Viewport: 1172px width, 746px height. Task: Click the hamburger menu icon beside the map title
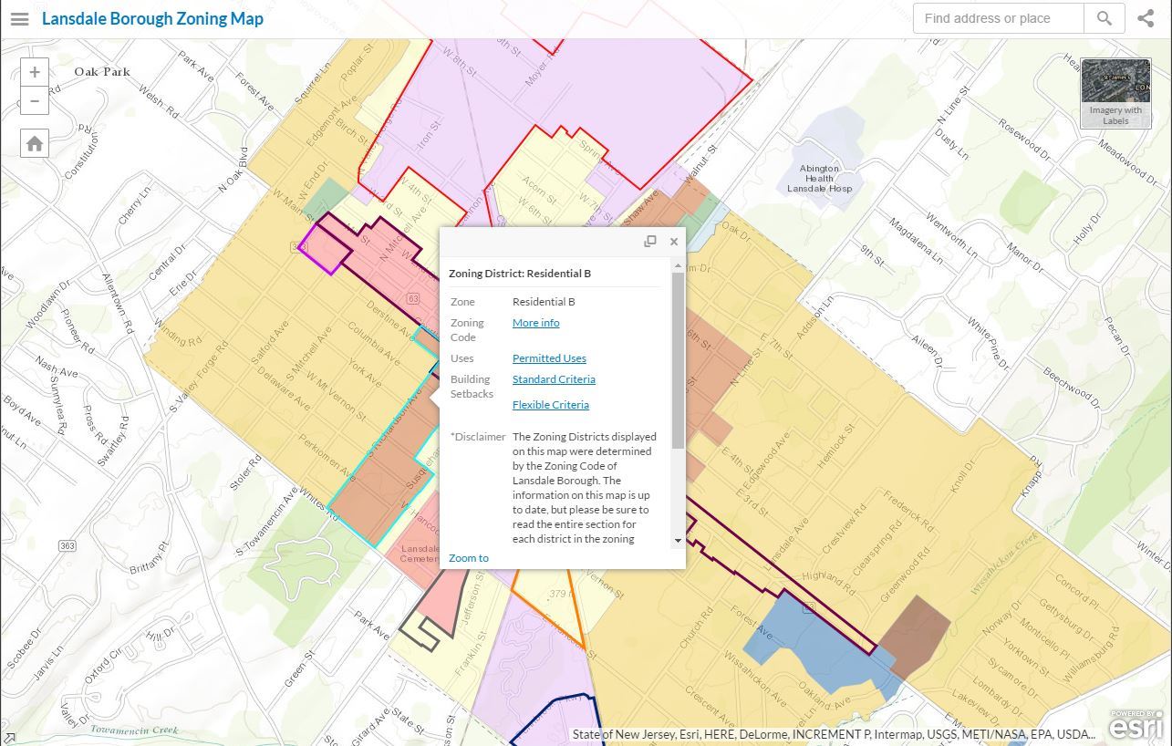[x=19, y=18]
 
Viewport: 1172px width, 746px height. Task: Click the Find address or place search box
[x=998, y=18]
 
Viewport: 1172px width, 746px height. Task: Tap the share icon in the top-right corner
[x=1146, y=18]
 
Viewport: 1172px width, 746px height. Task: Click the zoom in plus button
[x=35, y=72]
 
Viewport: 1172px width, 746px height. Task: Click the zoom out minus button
[x=35, y=100]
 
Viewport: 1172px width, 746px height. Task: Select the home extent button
[x=35, y=143]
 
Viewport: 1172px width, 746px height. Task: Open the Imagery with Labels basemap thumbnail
[x=1115, y=93]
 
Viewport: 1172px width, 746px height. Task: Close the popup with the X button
[x=674, y=242]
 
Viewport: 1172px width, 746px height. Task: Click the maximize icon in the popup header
[x=650, y=242]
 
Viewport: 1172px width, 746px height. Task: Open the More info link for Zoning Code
[x=535, y=323]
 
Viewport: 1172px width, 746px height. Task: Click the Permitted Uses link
[x=549, y=358]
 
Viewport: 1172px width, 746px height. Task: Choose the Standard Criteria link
[x=554, y=379]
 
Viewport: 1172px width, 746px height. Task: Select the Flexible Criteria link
[x=550, y=405]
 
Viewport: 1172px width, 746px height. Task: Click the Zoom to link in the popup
[x=469, y=558]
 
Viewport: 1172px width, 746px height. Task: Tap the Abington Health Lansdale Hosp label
[x=819, y=179]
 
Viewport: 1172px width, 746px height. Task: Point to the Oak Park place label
[x=102, y=71]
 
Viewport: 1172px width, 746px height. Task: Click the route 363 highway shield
[x=67, y=545]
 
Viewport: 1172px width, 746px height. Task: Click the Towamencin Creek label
[x=134, y=730]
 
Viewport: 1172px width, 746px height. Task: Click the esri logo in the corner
[x=1136, y=726]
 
